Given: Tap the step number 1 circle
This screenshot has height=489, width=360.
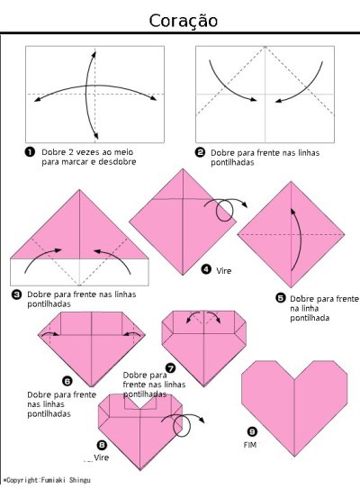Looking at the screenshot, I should point(30,152).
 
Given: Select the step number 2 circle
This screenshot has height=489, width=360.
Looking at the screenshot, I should point(200,152).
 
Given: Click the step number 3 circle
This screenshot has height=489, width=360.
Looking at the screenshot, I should point(16,294).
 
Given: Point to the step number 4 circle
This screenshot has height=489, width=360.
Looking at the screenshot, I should point(206,268).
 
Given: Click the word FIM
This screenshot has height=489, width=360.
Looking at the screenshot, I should point(250,445).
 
